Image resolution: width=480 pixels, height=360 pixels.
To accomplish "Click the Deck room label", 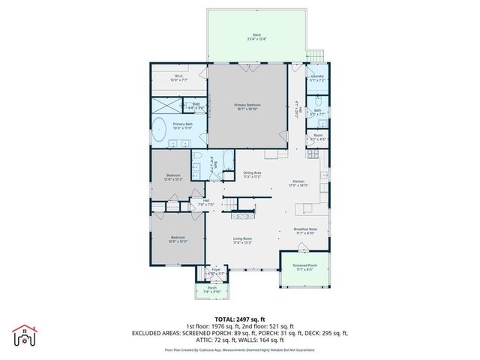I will (256, 37).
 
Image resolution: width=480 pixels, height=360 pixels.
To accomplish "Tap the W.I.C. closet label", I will (179, 77).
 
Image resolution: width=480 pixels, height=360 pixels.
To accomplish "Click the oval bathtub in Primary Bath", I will (160, 130).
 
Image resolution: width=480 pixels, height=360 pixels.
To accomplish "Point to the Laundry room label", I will (318, 77).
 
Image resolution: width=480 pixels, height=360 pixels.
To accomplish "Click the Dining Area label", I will (252, 175).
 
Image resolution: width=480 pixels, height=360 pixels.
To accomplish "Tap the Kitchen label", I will (298, 182).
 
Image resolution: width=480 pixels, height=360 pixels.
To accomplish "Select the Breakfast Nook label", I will (305, 232).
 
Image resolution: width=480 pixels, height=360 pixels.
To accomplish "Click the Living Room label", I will (242, 241).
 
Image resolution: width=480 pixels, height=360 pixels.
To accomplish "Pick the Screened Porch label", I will (304, 267).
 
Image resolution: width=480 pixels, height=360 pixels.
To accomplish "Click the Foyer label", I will (216, 272).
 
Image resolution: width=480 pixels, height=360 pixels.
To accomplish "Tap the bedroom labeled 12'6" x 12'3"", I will (178, 239).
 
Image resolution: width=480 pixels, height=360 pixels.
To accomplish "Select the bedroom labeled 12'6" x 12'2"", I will (173, 177).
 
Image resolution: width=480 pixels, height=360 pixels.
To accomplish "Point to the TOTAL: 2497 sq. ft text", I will (240, 319).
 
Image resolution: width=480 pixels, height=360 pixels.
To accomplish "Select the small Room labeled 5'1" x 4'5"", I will (317, 137).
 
